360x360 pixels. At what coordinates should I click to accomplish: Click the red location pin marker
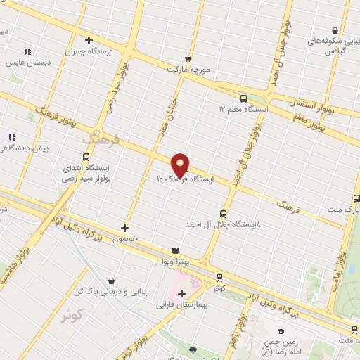pos(181,165)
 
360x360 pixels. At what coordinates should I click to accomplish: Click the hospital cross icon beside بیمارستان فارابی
pos(181,292)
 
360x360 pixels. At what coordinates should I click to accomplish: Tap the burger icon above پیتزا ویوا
pos(175,250)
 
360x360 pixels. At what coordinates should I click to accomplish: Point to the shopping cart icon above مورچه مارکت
pos(187,59)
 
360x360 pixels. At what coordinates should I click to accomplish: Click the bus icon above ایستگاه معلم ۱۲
pos(243,98)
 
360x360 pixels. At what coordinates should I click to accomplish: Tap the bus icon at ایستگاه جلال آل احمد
pos(224,213)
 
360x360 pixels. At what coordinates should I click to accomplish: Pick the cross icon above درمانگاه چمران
pos(89,40)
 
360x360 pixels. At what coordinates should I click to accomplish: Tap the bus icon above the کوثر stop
pos(219,277)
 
